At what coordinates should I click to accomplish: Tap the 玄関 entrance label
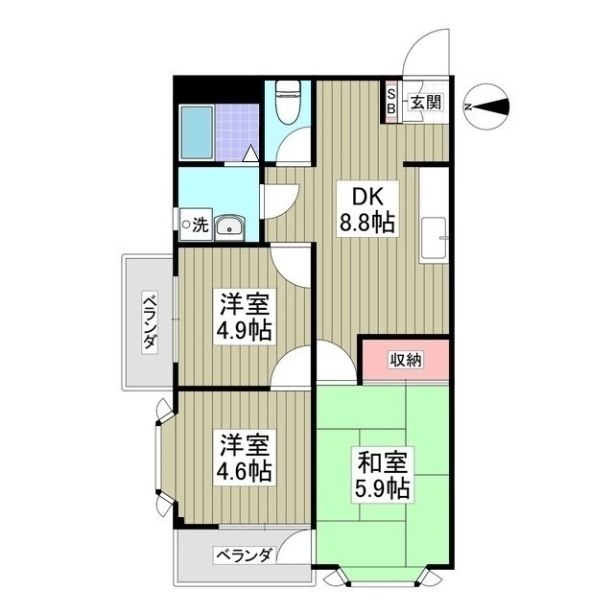pos(426,103)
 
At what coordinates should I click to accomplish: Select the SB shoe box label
pos(391,103)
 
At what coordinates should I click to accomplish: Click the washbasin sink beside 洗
pos(229,226)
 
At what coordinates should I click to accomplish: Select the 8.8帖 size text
pos(367,223)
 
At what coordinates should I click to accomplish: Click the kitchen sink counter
pos(434,218)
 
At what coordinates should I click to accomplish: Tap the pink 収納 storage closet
pos(405,360)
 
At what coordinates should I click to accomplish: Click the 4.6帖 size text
pos(243,471)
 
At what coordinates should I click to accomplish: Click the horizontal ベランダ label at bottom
pos(243,555)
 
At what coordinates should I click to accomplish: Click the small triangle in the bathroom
pos(249,152)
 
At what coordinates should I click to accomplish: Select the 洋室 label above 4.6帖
pos(243,446)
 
